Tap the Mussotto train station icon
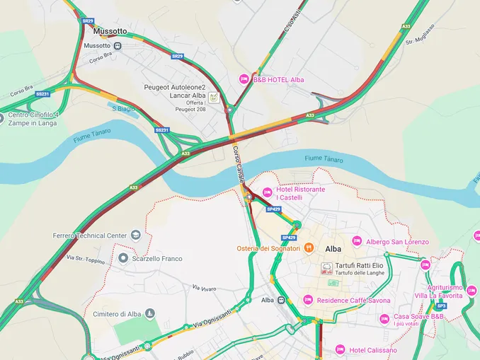tap(118, 46)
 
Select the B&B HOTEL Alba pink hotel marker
tap(244, 79)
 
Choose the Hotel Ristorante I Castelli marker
tap(267, 192)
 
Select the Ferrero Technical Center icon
tap(135, 235)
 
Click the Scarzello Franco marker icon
tap(123, 258)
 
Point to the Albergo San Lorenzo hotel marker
tap(357, 241)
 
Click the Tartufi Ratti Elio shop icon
tap(326, 268)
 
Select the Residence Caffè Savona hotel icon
tap(308, 300)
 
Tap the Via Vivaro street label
tap(205, 288)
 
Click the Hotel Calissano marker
tap(340, 349)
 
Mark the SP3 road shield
tap(441, 306)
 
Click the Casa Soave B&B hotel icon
tap(384, 319)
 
